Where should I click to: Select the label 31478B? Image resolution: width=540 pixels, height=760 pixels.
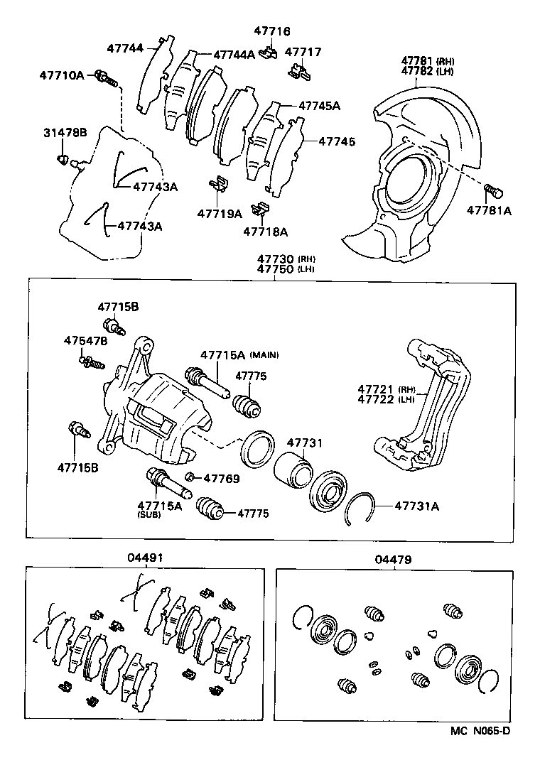[x=65, y=133]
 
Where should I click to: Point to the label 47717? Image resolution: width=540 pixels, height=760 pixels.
[x=303, y=52]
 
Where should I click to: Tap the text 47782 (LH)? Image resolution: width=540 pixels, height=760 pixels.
[x=427, y=71]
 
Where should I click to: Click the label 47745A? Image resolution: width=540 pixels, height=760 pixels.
[x=319, y=106]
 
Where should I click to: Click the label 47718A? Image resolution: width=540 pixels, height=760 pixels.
[x=265, y=231]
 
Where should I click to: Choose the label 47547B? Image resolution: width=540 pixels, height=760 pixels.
[x=85, y=341]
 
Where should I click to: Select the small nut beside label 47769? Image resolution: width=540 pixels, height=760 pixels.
[x=190, y=477]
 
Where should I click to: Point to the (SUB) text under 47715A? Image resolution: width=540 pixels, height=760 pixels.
[x=149, y=515]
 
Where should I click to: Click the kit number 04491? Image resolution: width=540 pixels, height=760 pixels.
[x=146, y=558]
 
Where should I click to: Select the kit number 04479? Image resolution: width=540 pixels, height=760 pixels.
[x=393, y=558]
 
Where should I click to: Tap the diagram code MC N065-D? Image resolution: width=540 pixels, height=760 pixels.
[x=480, y=728]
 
